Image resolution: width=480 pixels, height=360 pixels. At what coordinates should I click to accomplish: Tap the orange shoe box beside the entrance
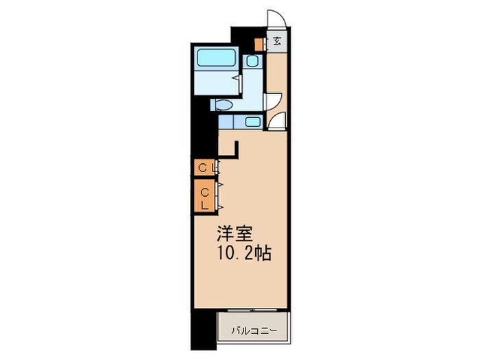259,45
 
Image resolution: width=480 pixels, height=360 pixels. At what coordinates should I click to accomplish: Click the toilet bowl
224,105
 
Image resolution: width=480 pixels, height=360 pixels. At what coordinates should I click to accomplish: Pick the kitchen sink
252,123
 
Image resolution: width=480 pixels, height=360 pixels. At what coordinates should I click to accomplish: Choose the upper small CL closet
204,167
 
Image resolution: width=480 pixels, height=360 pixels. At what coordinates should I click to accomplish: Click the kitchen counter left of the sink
227,123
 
